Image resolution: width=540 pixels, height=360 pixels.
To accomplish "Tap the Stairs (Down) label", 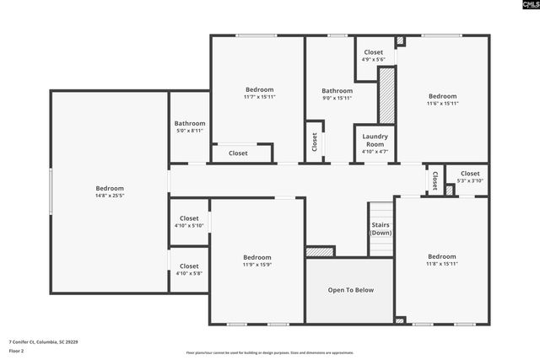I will click(x=381, y=228).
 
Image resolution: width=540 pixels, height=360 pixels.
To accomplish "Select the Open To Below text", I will click(x=350, y=290).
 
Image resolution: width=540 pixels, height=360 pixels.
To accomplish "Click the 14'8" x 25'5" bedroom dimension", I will click(x=110, y=196).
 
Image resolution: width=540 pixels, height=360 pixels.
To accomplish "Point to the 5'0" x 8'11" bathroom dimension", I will click(x=190, y=131).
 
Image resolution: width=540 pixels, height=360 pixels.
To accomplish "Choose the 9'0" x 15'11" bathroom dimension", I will click(x=337, y=98).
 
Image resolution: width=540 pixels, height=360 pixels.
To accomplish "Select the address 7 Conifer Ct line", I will click(x=43, y=341).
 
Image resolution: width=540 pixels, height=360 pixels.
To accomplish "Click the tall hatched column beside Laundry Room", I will click(x=386, y=95).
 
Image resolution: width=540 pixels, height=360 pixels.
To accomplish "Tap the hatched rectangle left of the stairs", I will click(x=320, y=251).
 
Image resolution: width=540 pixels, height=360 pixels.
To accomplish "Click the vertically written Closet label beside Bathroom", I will click(x=314, y=142).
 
